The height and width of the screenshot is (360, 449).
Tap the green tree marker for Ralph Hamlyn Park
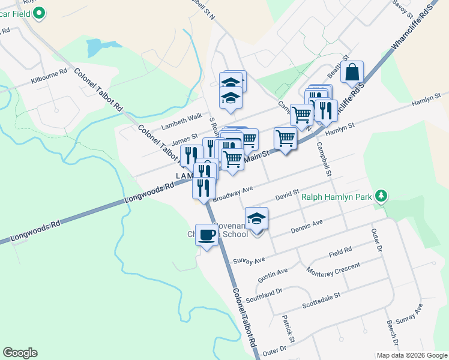tap(381, 196)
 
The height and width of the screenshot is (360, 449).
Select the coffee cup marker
tap(207, 235)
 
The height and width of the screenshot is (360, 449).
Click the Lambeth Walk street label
tap(182, 122)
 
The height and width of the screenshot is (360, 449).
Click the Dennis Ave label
tap(307, 227)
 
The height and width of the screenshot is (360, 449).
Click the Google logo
tap(20, 353)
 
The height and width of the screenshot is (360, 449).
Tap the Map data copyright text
tap(411, 355)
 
